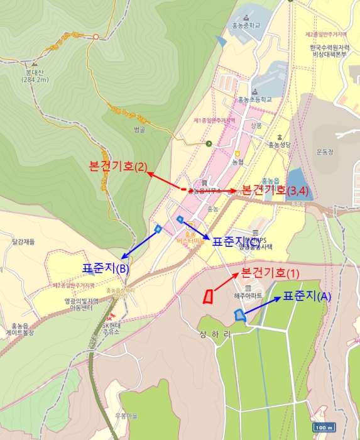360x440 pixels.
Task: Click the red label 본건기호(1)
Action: [271, 273]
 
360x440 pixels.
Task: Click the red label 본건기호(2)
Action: [119, 167]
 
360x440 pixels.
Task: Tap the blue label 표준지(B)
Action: [106, 268]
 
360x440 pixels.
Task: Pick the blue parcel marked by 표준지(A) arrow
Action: [239, 314]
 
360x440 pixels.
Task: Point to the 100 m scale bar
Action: [323, 427]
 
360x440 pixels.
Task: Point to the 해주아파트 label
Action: [248, 295]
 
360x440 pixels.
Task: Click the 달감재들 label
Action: [23, 241]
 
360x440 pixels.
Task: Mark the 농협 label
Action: [237, 162]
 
